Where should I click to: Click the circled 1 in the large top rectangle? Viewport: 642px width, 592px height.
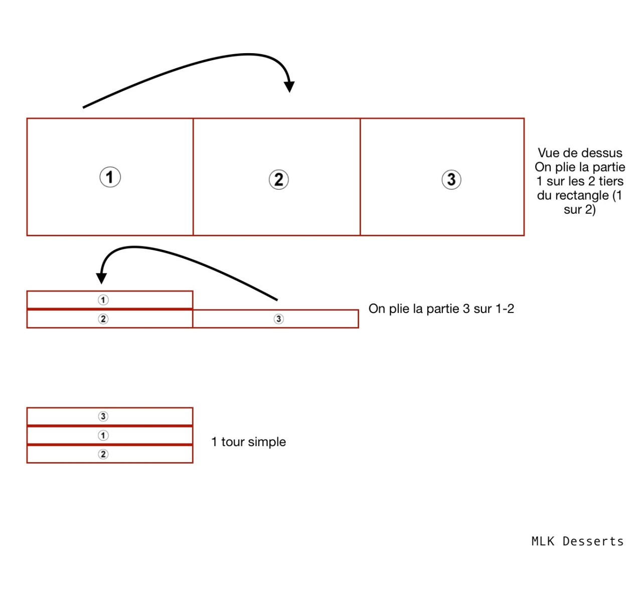pos(110,177)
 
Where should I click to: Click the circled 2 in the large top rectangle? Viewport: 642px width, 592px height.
pos(279,180)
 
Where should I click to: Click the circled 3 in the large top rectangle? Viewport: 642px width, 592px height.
pos(451,180)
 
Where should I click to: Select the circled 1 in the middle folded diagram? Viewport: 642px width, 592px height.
pos(103,300)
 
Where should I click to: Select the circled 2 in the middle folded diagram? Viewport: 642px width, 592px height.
pos(103,319)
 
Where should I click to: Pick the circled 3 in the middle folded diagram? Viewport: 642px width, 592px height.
pos(278,319)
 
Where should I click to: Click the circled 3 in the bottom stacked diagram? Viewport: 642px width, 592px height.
pos(103,416)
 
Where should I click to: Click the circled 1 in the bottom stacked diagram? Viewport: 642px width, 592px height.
pos(103,435)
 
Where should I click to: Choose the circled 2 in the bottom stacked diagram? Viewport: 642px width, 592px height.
pos(103,455)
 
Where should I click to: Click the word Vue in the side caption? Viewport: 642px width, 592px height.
pos(548,153)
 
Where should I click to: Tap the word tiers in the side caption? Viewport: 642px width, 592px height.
pos(610,181)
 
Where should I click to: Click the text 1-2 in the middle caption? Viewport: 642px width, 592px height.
pos(504,309)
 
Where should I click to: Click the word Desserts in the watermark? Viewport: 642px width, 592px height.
pos(593,541)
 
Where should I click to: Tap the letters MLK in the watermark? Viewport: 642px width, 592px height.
pos(543,541)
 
